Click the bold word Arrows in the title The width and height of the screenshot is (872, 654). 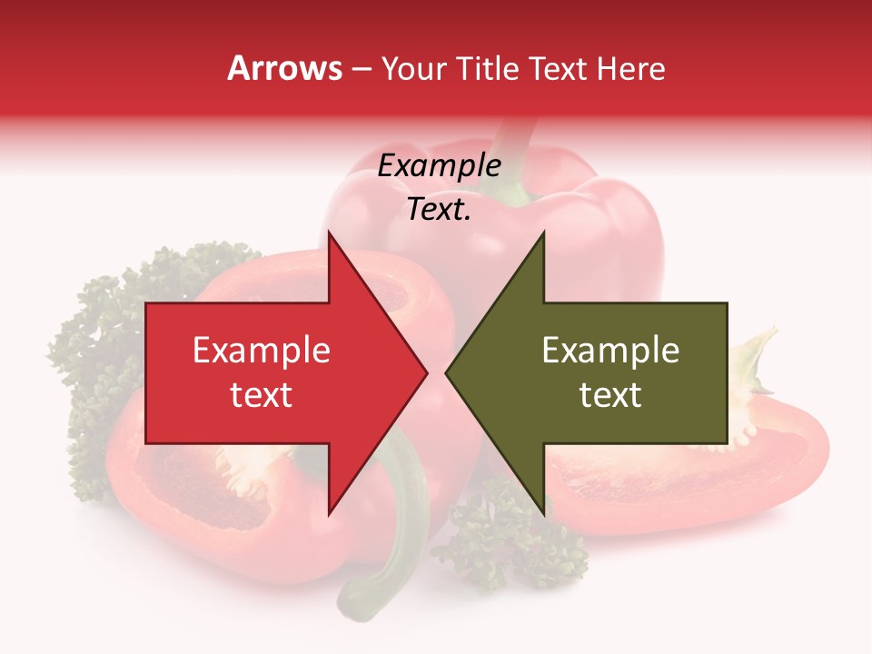(284, 68)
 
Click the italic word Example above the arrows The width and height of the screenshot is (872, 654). (439, 166)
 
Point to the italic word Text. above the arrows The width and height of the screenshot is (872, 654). (439, 210)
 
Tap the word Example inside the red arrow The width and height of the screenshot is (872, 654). (261, 351)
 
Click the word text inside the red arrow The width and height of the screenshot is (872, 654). (261, 395)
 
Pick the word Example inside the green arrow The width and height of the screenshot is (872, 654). (610, 351)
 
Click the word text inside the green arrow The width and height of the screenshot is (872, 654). (610, 395)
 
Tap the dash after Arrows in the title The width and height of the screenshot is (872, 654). (361, 69)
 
